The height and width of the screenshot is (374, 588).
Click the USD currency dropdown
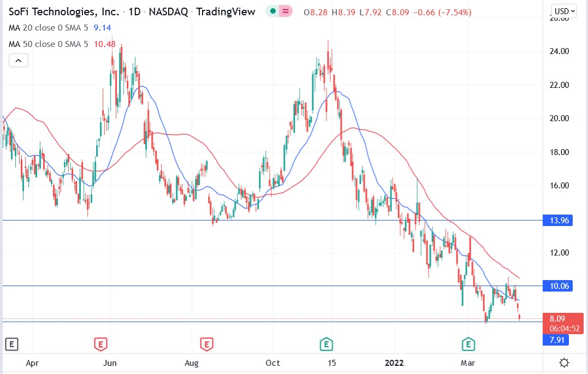click(x=567, y=11)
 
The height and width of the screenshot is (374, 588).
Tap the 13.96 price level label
click(x=557, y=221)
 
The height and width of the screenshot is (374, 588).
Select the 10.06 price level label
click(x=557, y=286)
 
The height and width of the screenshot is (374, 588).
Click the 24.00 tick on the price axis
click(x=558, y=52)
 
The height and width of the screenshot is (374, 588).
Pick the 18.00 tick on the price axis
click(x=558, y=152)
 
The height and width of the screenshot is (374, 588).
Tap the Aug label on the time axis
click(x=192, y=363)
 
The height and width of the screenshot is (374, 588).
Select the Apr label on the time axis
click(x=32, y=363)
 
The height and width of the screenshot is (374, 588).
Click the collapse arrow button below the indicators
click(x=18, y=61)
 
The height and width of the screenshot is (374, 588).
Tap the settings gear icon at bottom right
click(x=565, y=363)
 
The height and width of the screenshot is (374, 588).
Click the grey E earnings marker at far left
click(x=11, y=344)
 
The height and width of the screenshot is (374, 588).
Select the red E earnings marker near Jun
click(x=100, y=344)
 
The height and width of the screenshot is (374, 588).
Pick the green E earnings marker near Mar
click(x=468, y=344)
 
